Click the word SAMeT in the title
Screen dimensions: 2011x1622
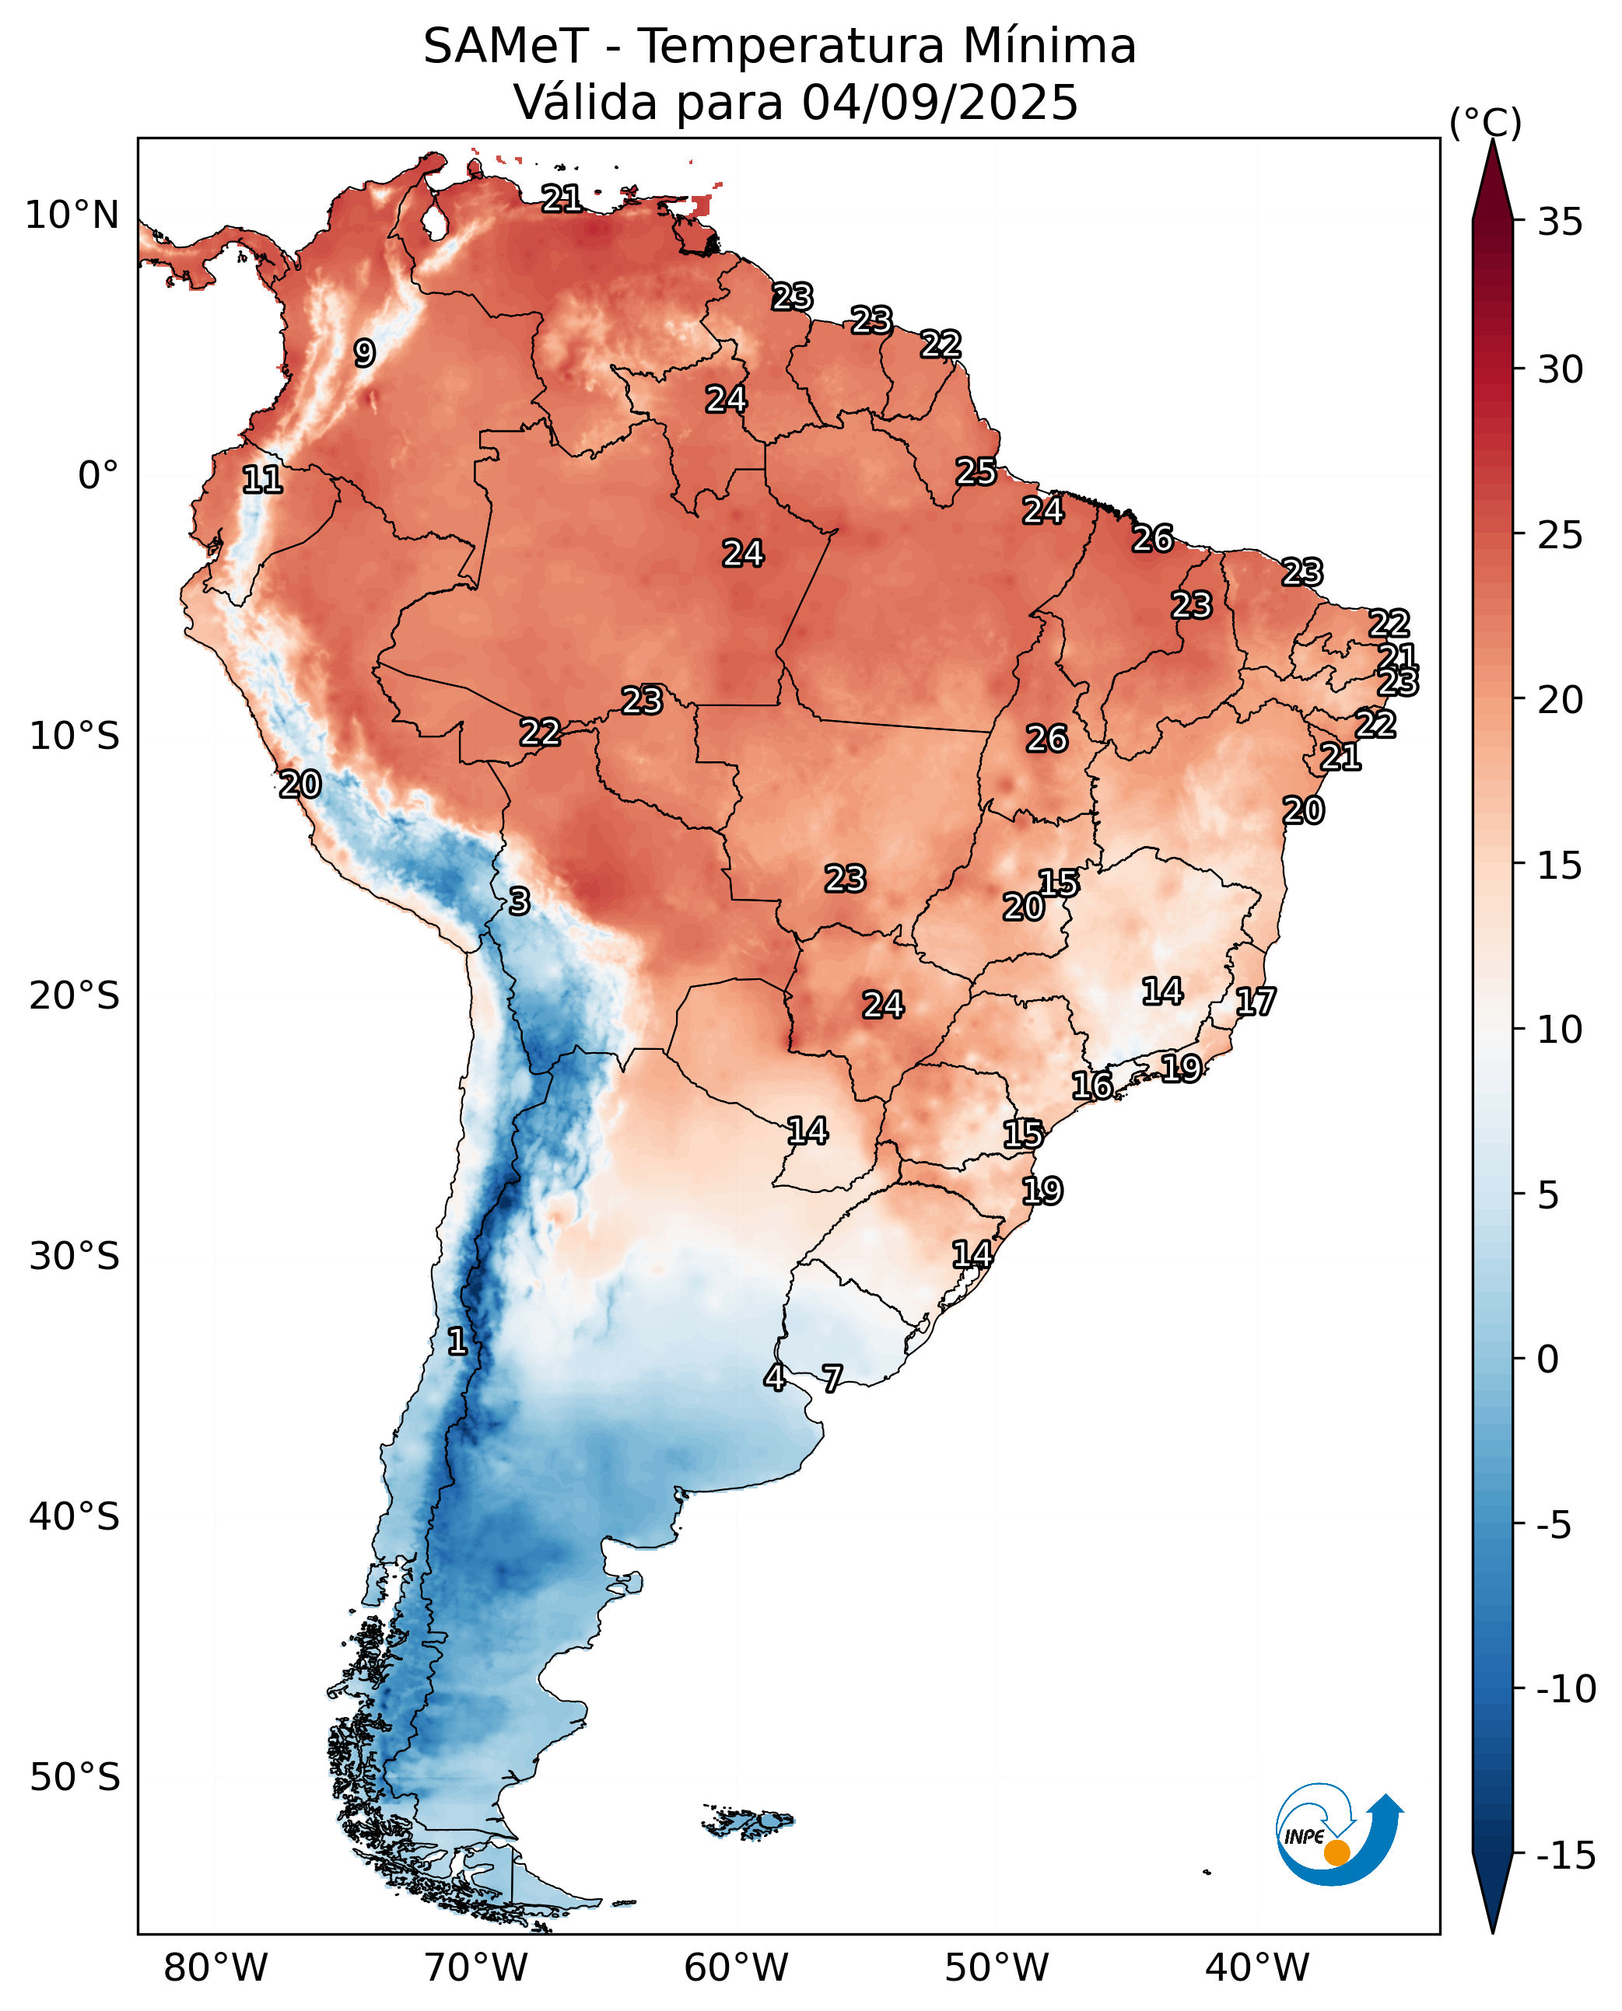(x=506, y=47)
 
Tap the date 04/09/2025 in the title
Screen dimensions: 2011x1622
(x=939, y=103)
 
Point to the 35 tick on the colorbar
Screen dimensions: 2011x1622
(x=1561, y=222)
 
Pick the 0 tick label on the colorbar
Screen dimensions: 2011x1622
(x=1548, y=1359)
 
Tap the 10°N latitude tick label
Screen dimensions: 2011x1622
(x=72, y=215)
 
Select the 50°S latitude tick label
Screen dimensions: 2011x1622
(x=75, y=1777)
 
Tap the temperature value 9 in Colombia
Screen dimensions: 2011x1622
(x=364, y=353)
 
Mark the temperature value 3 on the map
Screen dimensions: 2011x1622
(x=520, y=901)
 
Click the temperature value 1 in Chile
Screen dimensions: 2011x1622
(x=457, y=1341)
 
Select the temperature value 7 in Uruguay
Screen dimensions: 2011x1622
(x=832, y=1378)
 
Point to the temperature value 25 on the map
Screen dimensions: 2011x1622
(x=976, y=472)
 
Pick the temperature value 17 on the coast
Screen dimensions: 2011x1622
(x=1255, y=1002)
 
